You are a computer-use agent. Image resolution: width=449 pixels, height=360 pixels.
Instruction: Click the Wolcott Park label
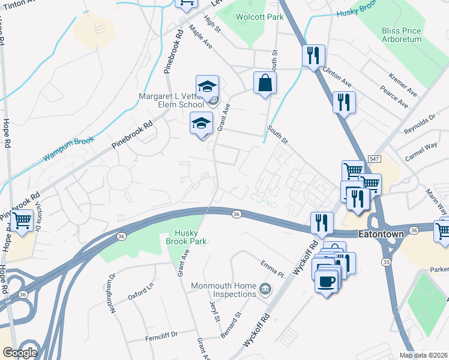coord(259,17)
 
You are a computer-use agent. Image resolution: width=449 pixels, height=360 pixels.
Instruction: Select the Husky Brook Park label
coord(190,237)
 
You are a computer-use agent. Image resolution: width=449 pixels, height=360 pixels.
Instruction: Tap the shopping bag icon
coord(264,83)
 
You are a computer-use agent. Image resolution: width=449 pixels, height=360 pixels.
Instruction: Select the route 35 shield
coord(386,262)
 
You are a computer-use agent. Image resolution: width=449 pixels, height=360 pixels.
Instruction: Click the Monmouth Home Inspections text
coord(224,290)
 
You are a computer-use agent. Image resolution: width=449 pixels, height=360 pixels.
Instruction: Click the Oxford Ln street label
coord(141,296)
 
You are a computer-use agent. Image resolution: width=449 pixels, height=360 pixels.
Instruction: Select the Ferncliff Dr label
coord(161,337)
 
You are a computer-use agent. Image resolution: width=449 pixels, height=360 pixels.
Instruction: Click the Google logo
coord(20,353)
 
